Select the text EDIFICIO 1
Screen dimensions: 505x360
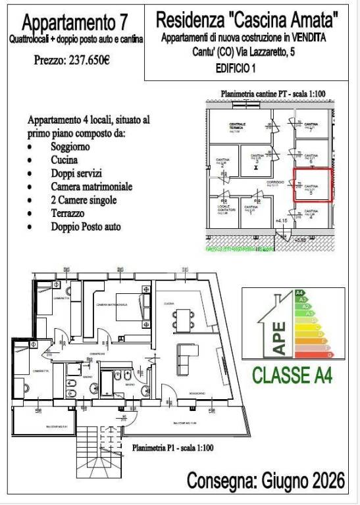pos(236,68)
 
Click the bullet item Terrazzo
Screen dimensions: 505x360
pos(68,214)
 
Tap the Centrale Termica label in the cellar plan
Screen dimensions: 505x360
pos(237,126)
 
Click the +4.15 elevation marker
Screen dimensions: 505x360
pos(282,220)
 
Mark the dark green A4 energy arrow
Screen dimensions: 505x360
pos(300,292)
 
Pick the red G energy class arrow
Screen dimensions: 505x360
pos(337,354)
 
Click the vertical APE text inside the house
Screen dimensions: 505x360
pos(278,337)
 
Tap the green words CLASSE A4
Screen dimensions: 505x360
pos(292,375)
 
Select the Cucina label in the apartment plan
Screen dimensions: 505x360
pos(170,303)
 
